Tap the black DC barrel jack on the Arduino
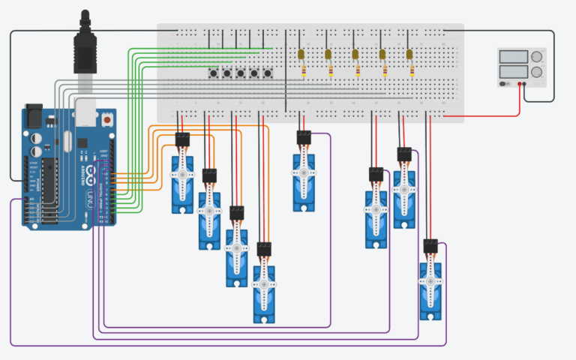(34, 116)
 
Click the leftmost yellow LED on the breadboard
(301, 54)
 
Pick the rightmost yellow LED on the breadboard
(409, 54)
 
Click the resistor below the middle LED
(357, 71)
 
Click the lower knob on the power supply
(537, 72)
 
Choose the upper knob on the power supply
(537, 56)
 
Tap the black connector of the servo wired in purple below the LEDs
(304, 137)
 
